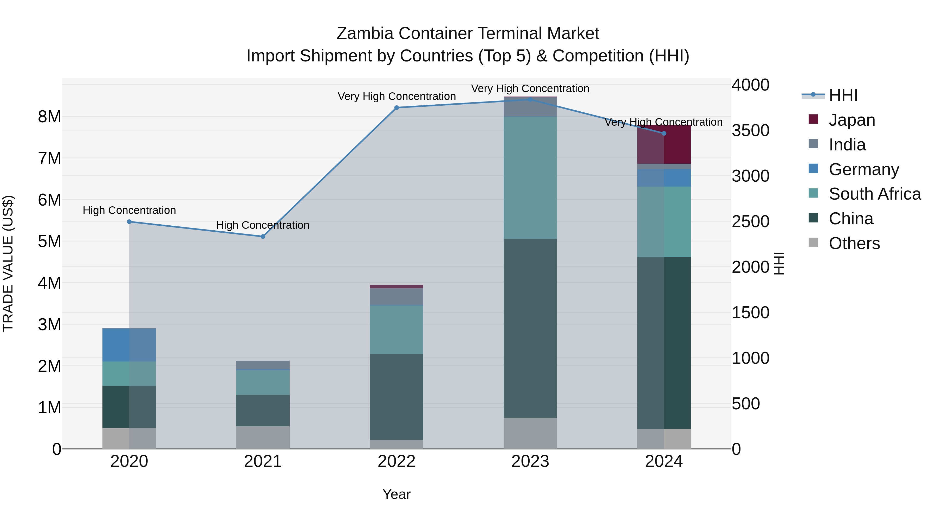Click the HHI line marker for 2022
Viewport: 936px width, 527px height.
[396, 108]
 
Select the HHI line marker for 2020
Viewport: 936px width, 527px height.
[129, 221]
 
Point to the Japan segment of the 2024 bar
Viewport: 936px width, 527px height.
[664, 145]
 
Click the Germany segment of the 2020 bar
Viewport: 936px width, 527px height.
[129, 345]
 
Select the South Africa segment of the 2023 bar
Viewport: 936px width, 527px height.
[530, 178]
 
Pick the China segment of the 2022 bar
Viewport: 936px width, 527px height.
[396, 397]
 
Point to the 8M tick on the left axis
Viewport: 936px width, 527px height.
[49, 117]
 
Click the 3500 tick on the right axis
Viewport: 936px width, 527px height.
[750, 131]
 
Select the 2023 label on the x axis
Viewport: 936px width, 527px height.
[530, 461]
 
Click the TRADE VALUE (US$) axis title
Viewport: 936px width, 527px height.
[8, 263]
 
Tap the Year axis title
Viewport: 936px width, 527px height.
[396, 494]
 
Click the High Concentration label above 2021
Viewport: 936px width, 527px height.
[263, 225]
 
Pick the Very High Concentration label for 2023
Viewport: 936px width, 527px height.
[530, 88]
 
